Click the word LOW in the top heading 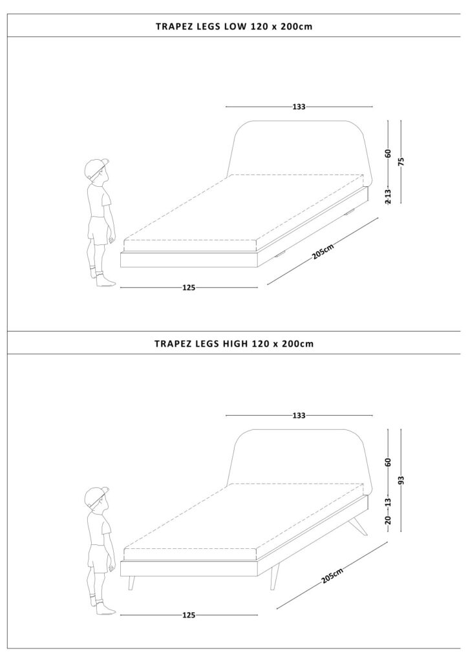coord(235,26)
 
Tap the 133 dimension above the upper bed coord(299,107)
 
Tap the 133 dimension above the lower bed coord(299,416)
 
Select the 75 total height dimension coord(401,161)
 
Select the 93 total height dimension coord(401,480)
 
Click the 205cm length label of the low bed coord(323,251)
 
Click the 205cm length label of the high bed coord(332,575)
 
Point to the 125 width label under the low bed coord(189,288)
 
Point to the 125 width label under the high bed coord(189,615)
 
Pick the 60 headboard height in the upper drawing coord(388,153)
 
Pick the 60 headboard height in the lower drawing coord(388,462)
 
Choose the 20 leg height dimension coord(388,520)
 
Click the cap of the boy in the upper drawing coord(96,166)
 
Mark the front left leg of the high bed coord(132,582)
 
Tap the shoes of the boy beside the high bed coord(103,607)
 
